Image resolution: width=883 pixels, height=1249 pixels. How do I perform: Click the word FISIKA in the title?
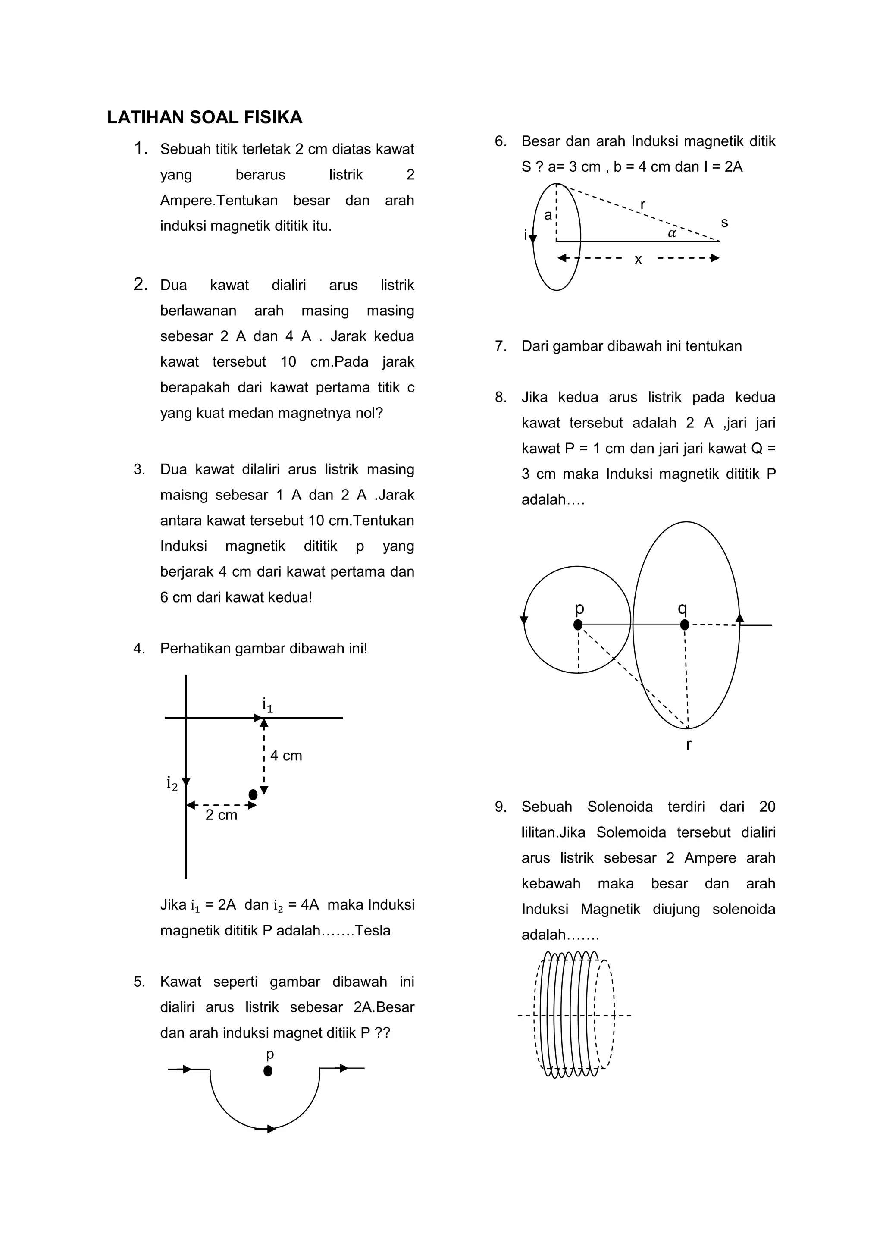pos(273,117)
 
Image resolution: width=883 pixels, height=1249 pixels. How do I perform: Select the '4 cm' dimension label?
pos(286,756)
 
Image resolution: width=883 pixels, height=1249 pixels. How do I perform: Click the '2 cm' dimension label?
pos(221,815)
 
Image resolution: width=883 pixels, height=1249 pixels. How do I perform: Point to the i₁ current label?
pos(267,705)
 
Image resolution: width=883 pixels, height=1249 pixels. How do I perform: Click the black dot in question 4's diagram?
pos(253,795)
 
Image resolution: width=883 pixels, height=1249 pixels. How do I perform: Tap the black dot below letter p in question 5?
pos(267,1070)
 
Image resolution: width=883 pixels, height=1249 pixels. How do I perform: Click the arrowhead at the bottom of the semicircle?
pos(271,1129)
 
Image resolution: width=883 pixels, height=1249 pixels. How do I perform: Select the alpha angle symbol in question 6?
pos(672,233)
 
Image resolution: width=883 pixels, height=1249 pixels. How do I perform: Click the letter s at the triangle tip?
pos(724,223)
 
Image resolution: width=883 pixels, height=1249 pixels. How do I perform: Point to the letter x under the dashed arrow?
pos(639,260)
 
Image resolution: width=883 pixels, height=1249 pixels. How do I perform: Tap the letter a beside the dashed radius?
pos(548,215)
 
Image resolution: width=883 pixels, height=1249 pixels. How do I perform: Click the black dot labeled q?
pos(685,625)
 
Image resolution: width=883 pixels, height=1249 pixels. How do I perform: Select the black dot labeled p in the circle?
pos(578,625)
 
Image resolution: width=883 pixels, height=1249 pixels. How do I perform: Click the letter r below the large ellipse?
pos(689,744)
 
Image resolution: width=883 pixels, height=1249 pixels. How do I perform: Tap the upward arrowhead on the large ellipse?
pos(739,618)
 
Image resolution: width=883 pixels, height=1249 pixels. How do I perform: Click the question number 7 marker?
pos(500,346)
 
